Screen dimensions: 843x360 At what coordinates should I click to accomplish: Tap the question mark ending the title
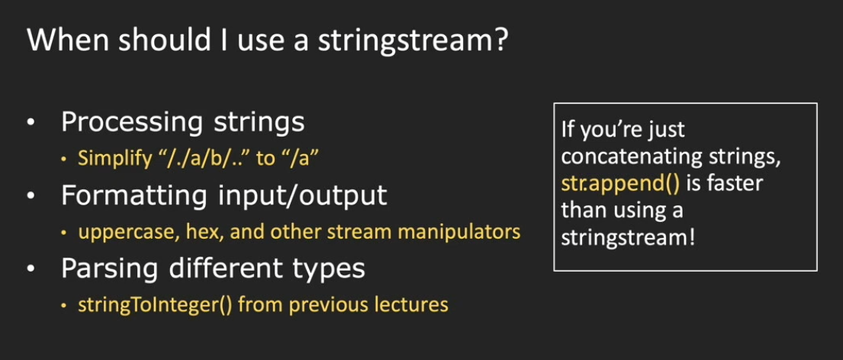point(500,41)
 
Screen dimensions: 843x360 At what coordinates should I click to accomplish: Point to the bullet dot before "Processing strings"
point(31,124)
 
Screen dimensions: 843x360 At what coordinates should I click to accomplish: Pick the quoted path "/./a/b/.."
point(204,159)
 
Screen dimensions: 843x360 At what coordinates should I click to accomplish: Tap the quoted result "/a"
point(299,159)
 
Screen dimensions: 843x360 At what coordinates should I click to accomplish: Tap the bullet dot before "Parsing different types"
point(31,269)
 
